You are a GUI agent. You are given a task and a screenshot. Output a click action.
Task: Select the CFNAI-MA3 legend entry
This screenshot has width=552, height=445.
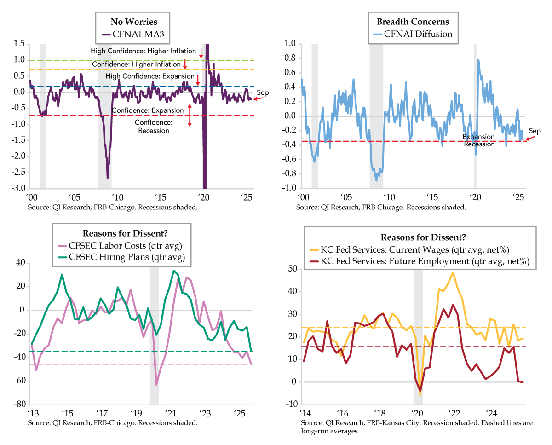[x=133, y=34]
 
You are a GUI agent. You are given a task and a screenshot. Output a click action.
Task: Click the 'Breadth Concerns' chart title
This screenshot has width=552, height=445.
[x=413, y=22]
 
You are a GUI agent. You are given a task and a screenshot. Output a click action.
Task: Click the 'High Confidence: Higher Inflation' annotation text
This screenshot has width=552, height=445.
[x=144, y=51]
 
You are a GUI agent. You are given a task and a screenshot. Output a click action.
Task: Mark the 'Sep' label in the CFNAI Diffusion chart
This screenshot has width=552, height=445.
[x=535, y=131]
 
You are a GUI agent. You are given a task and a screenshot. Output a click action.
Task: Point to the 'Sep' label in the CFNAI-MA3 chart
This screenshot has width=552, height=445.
[x=263, y=93]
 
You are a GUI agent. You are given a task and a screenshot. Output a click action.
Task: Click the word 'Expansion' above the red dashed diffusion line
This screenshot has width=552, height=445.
[x=478, y=137]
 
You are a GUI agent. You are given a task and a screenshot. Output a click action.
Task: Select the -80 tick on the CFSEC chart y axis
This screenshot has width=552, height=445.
[x=19, y=405]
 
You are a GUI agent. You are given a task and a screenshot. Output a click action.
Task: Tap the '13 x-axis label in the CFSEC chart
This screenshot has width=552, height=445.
[x=33, y=413]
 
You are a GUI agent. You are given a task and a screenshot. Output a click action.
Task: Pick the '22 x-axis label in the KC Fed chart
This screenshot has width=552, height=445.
[x=454, y=413]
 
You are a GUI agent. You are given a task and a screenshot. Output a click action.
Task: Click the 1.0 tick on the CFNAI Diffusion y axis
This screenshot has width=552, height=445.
[x=290, y=44]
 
